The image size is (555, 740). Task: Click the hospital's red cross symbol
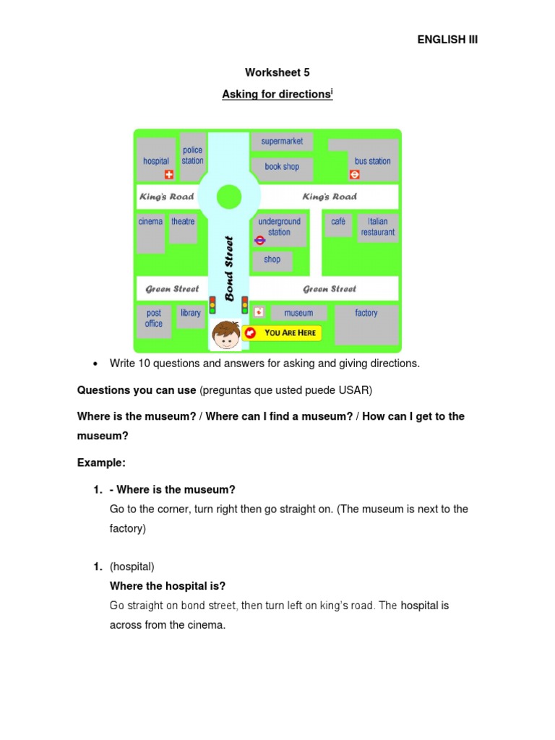[x=170, y=174]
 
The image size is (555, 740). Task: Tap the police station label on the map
[x=192, y=155]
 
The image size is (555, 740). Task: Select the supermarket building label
[x=282, y=142]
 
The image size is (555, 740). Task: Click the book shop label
[x=282, y=167]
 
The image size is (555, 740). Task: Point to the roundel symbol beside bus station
[x=355, y=174]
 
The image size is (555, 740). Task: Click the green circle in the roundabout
[x=229, y=196]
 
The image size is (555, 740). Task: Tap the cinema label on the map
[x=150, y=222]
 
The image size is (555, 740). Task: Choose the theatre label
[x=183, y=222]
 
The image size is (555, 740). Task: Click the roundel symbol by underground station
[x=260, y=241]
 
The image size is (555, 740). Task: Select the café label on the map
[x=338, y=222]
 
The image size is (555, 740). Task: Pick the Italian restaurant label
[x=378, y=227]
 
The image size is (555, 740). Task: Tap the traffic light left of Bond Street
[x=212, y=305]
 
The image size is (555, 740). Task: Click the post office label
[x=154, y=319]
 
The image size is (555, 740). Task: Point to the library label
[x=191, y=313]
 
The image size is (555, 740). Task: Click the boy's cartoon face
[x=227, y=335]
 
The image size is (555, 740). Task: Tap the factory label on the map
[x=366, y=313]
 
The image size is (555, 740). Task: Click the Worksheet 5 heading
[x=277, y=72]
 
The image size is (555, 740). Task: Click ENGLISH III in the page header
[x=447, y=40]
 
